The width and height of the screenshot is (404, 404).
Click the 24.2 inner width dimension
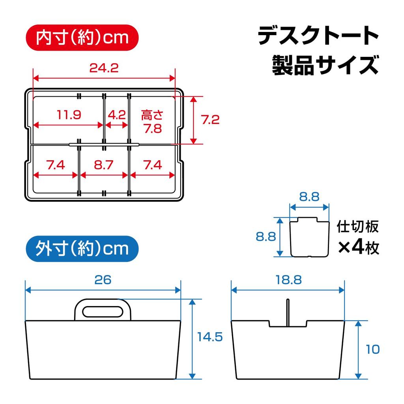tap(103, 68)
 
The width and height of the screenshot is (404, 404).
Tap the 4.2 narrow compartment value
tap(116, 115)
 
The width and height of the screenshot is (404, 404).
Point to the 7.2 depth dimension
tap(210, 120)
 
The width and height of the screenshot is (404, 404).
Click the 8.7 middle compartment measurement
tap(104, 165)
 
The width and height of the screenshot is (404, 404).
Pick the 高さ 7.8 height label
tap(152, 122)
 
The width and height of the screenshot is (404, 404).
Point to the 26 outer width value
tap(103, 280)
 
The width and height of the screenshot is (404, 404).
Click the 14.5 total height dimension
tap(210, 337)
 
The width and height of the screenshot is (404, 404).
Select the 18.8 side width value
tap(288, 280)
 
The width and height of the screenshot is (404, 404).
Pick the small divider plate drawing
tap(310, 237)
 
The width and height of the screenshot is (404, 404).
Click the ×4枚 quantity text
tap(358, 248)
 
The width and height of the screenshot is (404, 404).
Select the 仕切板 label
tap(357, 227)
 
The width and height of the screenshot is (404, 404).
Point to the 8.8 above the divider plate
tap(309, 196)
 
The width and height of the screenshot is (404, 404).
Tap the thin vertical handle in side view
tap(288, 313)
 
